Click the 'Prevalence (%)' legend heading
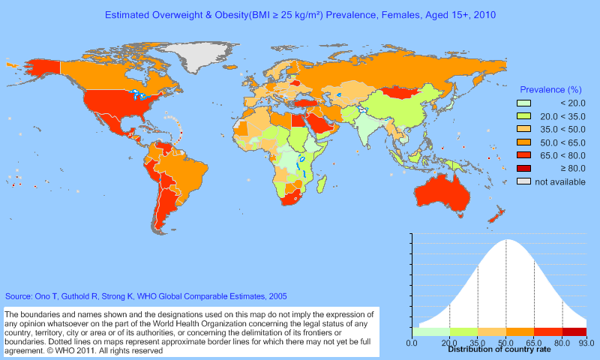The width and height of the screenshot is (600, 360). pyautogui.click(x=550, y=89)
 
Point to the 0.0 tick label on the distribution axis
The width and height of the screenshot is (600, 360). pyautogui.click(x=412, y=343)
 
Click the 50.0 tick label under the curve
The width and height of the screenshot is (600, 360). pyautogui.click(x=506, y=343)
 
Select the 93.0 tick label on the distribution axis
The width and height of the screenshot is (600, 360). pyautogui.click(x=586, y=343)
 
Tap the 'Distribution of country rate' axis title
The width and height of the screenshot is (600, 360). pyautogui.click(x=499, y=349)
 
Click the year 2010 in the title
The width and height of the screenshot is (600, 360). pyautogui.click(x=484, y=14)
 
